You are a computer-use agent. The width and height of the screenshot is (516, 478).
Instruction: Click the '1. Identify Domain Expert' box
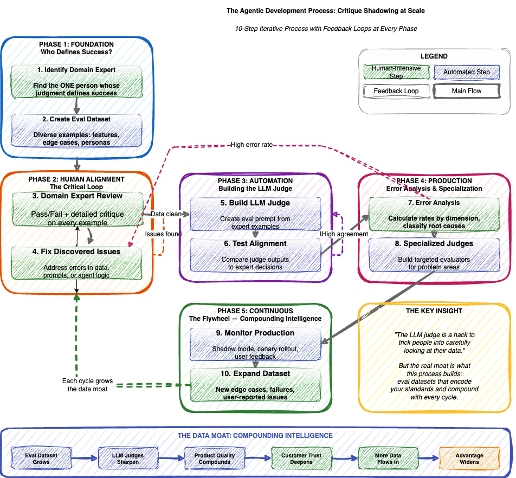pyautogui.click(x=76, y=81)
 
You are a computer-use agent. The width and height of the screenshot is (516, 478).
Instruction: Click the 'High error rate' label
pyautogui.click(x=251, y=145)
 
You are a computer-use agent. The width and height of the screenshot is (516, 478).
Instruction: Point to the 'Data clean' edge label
pyautogui.click(x=165, y=214)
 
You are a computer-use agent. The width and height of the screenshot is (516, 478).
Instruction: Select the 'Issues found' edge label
pyautogui.click(x=163, y=234)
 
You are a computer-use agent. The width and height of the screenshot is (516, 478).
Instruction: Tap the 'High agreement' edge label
pyautogui.click(x=345, y=234)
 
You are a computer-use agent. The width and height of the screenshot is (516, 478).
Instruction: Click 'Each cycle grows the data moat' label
pyautogui.click(x=87, y=385)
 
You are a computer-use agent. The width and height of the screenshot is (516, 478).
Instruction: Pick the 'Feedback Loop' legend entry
pyautogui.click(x=396, y=91)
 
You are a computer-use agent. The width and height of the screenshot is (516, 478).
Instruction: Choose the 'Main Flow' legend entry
pyautogui.click(x=467, y=91)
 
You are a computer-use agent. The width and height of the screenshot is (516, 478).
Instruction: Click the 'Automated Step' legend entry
pyautogui.click(x=467, y=72)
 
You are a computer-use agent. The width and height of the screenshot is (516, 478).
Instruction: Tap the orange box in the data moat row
pyautogui.click(x=469, y=458)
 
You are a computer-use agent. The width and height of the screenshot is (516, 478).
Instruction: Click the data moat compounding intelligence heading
pyautogui.click(x=255, y=435)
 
